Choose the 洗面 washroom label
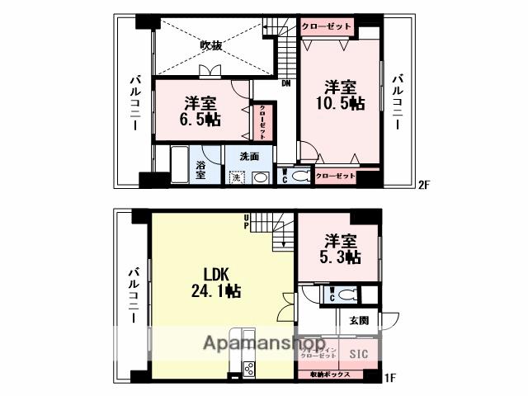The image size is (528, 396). pos(250,156)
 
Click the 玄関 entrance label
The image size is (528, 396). pos(358,320)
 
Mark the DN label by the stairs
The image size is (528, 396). pos(285,83)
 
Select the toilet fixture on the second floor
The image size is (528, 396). pos(301,175)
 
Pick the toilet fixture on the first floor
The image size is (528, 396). pos(347,294)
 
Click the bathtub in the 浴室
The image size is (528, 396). pos(178,165)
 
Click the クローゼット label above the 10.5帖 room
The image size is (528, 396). pos(327,27)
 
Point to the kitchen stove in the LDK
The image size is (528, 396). pos(246,369)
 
